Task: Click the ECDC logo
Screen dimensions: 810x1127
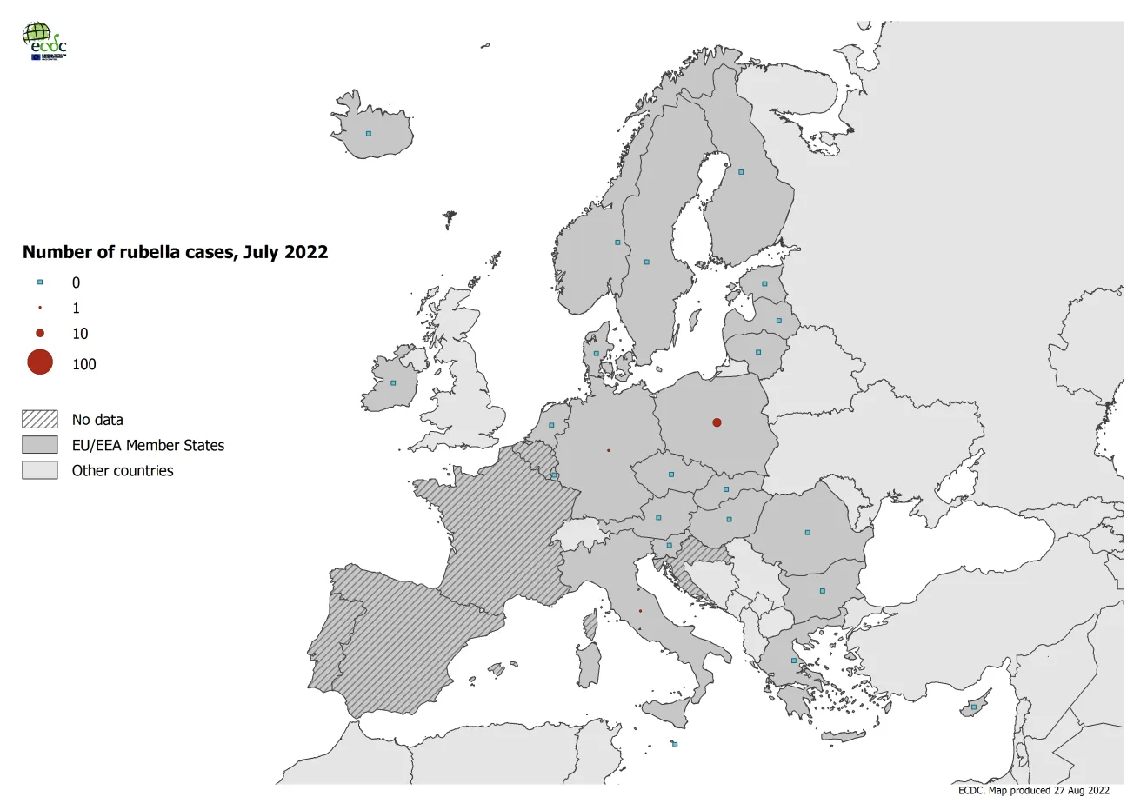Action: tap(43, 41)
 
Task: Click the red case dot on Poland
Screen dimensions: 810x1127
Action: tap(717, 422)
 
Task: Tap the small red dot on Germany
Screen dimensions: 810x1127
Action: tap(608, 450)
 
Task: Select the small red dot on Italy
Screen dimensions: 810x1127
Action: tap(640, 611)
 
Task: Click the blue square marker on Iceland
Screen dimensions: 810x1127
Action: tap(369, 134)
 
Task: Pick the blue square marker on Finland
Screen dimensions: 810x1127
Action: tap(741, 172)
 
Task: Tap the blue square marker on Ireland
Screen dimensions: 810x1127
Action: tap(393, 383)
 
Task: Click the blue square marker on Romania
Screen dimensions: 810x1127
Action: tap(807, 532)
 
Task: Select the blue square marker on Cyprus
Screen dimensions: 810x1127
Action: tap(974, 707)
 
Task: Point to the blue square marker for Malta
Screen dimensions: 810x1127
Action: tap(675, 745)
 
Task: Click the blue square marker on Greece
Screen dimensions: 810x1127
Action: tap(793, 661)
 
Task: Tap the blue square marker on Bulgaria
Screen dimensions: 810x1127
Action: tap(822, 591)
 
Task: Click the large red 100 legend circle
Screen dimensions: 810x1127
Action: tap(40, 362)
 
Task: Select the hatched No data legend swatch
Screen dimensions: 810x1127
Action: tap(40, 420)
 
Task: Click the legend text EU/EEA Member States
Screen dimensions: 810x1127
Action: tap(148, 445)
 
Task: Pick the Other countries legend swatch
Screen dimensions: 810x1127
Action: tap(40, 470)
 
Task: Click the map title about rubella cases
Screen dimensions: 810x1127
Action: tap(175, 252)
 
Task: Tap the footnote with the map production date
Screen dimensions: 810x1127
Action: tap(1033, 791)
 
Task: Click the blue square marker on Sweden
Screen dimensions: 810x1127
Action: tap(646, 262)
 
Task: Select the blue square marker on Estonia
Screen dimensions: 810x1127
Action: tap(765, 284)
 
